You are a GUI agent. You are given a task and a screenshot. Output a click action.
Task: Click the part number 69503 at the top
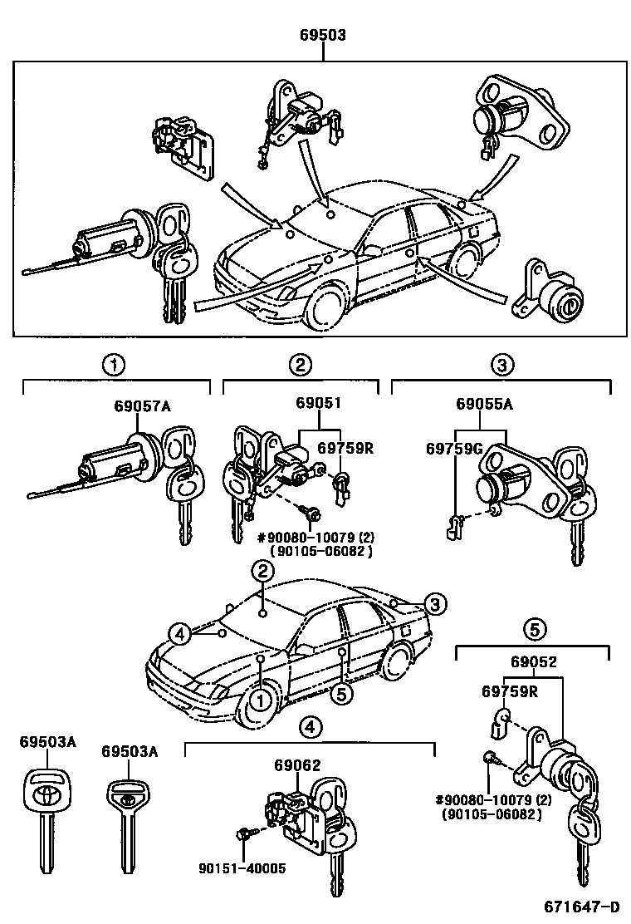(x=323, y=36)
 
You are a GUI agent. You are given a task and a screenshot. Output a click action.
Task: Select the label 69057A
(x=143, y=406)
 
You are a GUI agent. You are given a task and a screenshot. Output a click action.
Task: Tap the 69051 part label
(x=319, y=403)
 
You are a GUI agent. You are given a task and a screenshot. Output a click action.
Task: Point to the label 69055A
(x=484, y=405)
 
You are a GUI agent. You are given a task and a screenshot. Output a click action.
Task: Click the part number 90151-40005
(x=242, y=867)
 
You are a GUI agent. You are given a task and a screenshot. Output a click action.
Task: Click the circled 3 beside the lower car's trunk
(x=434, y=604)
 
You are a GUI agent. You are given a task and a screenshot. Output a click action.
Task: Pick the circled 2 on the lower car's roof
(x=262, y=571)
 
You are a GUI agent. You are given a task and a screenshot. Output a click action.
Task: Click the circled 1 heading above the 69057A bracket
(x=114, y=363)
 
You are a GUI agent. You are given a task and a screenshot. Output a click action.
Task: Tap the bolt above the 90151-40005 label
(x=243, y=833)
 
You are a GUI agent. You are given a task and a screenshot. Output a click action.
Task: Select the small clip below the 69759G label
(x=453, y=524)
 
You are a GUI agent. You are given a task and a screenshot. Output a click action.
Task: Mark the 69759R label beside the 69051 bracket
(x=345, y=448)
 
